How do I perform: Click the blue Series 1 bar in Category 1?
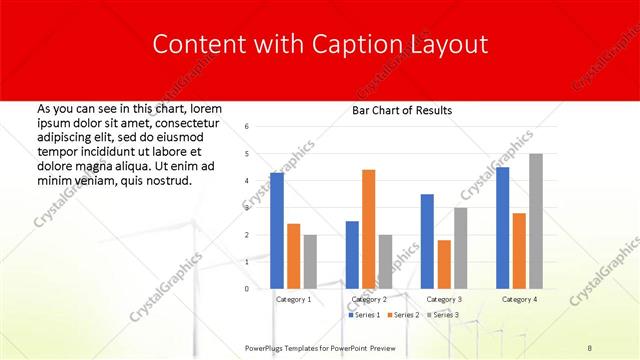pyautogui.click(x=277, y=231)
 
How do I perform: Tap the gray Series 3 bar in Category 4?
pyautogui.click(x=536, y=221)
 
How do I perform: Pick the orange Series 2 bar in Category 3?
pyautogui.click(x=444, y=264)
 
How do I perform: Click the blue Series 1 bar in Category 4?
pyautogui.click(x=502, y=228)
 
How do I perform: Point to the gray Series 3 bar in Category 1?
pyautogui.click(x=310, y=262)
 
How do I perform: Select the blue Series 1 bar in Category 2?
pyautogui.click(x=352, y=255)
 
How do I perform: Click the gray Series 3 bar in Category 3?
pyautogui.click(x=460, y=248)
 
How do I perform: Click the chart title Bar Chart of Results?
pyautogui.click(x=402, y=110)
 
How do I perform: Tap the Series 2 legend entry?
pyautogui.click(x=403, y=315)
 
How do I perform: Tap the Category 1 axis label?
pyautogui.click(x=293, y=299)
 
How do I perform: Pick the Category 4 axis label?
pyautogui.click(x=518, y=299)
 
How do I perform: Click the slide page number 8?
pyautogui.click(x=591, y=347)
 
